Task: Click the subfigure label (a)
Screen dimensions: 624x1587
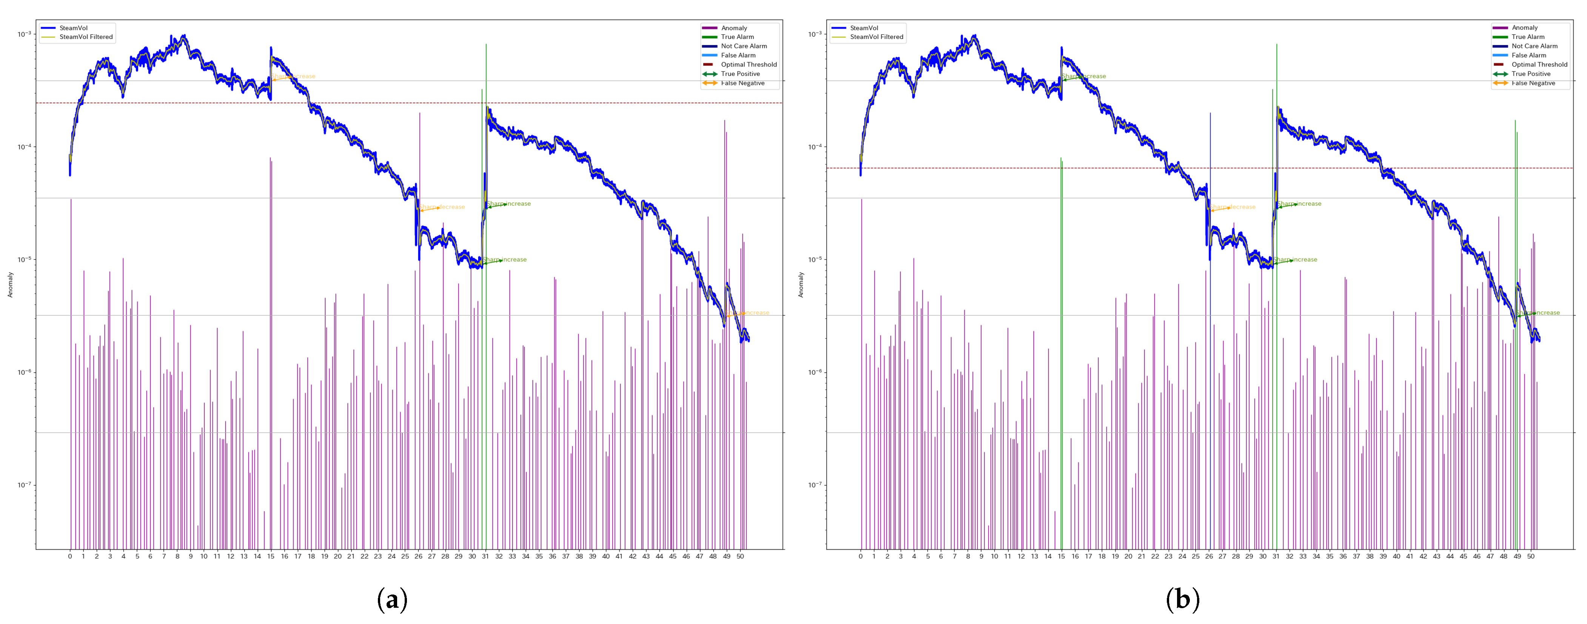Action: (x=392, y=599)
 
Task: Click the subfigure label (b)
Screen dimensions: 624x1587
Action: (x=1182, y=599)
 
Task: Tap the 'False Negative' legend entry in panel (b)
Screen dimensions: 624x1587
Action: (x=1533, y=83)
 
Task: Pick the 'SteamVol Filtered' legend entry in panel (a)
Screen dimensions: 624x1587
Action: (x=86, y=37)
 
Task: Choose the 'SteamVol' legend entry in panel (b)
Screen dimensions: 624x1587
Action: (x=864, y=28)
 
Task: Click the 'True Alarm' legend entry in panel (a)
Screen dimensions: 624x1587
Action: (x=737, y=37)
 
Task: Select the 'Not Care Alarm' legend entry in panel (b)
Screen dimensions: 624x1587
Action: (x=1534, y=46)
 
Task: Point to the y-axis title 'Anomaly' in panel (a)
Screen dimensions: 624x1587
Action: (x=10, y=285)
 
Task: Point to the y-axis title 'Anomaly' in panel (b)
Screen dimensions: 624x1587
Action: (x=801, y=285)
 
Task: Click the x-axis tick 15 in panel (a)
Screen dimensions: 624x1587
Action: (x=270, y=556)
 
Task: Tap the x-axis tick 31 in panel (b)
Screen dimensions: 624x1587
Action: (x=1276, y=556)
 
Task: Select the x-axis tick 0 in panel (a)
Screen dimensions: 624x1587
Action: (x=69, y=556)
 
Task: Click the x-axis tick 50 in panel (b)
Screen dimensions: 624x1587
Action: (x=1530, y=556)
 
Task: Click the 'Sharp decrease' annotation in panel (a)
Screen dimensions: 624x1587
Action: (x=442, y=207)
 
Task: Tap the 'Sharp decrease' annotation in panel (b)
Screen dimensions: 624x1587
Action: (x=1233, y=207)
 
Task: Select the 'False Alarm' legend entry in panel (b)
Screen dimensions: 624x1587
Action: (x=1528, y=56)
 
